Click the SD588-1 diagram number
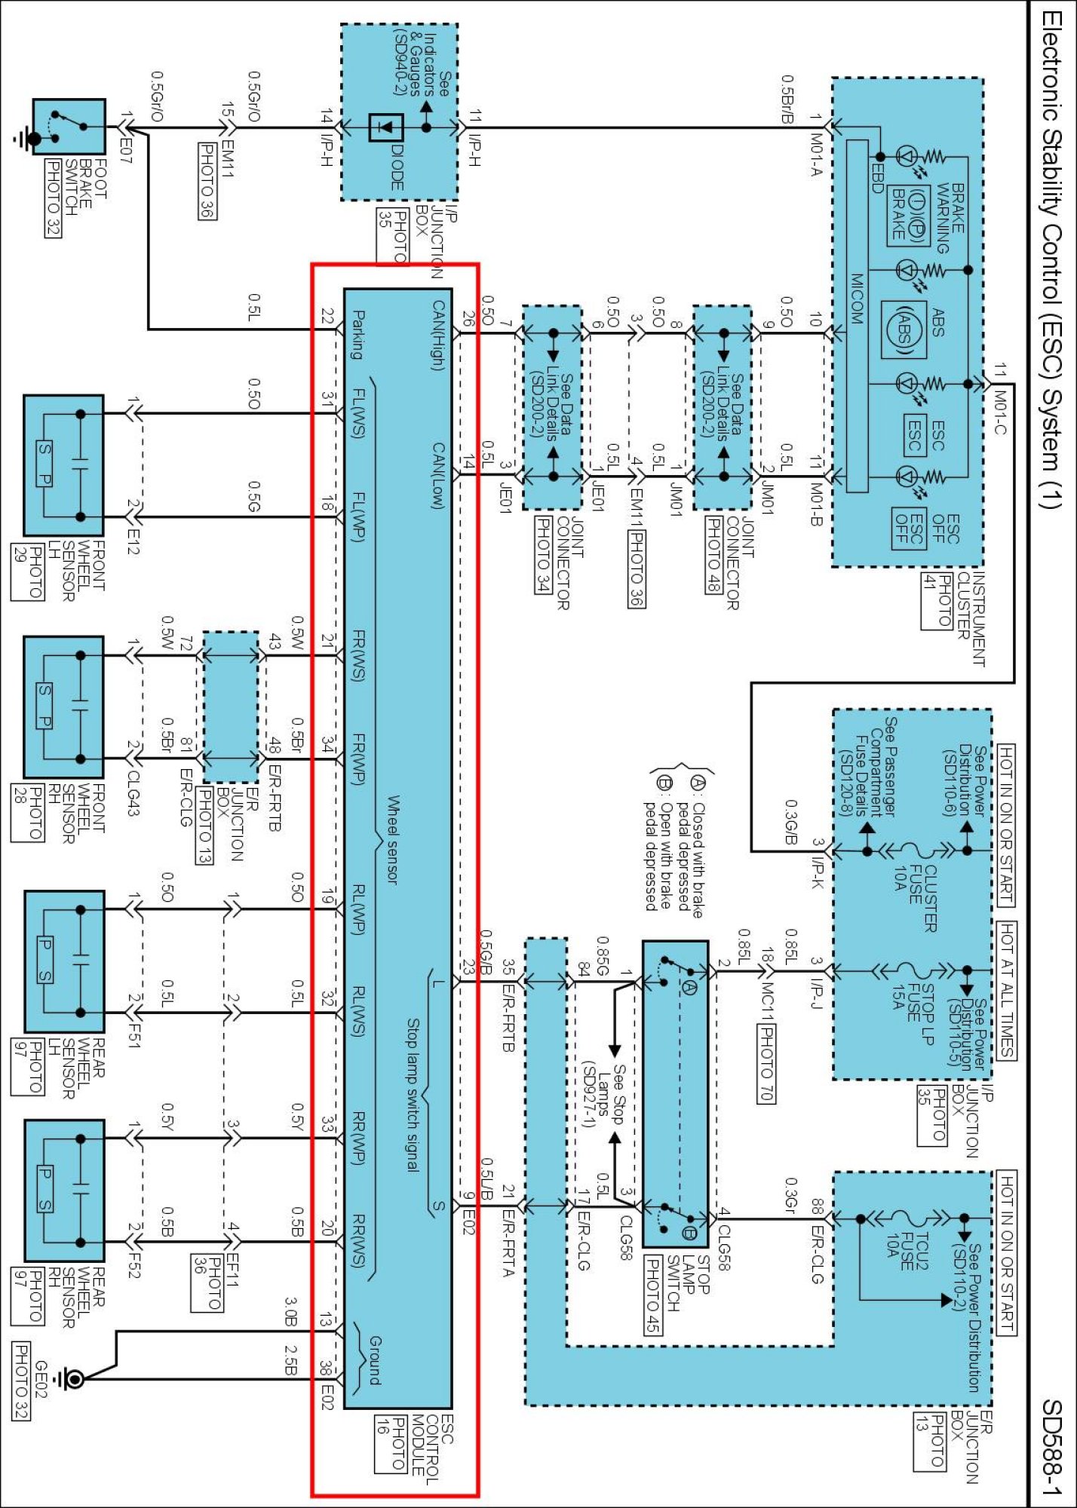(x=1051, y=1447)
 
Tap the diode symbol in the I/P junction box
(x=385, y=127)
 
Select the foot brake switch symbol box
(x=69, y=127)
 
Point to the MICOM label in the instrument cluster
(x=857, y=299)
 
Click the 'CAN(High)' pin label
(x=439, y=335)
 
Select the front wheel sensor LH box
(x=63, y=465)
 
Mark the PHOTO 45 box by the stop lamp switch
(x=653, y=1295)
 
